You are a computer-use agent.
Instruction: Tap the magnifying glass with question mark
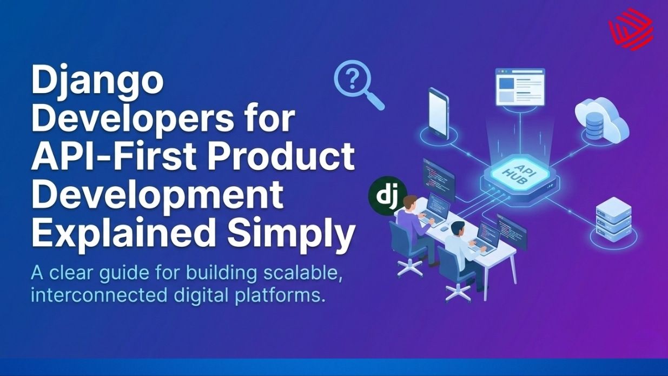(x=357, y=84)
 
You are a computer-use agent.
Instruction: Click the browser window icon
(x=520, y=87)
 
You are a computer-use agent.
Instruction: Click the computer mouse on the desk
(x=443, y=228)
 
